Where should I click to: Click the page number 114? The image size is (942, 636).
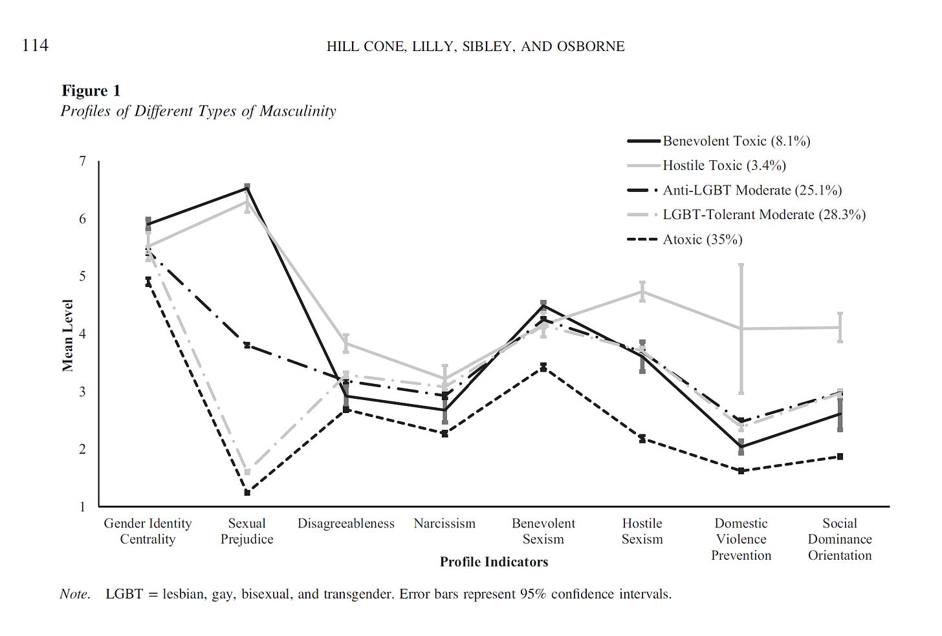[x=35, y=46]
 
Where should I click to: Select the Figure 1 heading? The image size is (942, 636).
[x=91, y=91]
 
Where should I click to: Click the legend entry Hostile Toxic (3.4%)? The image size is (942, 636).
[x=724, y=165]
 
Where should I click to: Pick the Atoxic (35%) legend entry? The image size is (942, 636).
[x=702, y=239]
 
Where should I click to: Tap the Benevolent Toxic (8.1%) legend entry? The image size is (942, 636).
[x=736, y=141]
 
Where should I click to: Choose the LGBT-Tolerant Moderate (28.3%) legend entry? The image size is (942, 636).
[x=763, y=215]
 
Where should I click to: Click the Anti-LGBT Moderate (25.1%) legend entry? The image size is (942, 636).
[x=752, y=190]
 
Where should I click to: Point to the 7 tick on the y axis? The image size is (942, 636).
[x=82, y=161]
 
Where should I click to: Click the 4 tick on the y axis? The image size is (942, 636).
[x=82, y=334]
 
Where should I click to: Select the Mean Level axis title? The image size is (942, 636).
[x=67, y=335]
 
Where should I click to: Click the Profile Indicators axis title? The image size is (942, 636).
[x=494, y=562]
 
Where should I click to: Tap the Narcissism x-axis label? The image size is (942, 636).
[x=444, y=524]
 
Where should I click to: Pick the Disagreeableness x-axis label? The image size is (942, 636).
[x=345, y=524]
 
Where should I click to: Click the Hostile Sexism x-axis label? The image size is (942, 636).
[x=642, y=531]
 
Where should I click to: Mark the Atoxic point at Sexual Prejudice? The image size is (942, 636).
[x=247, y=493]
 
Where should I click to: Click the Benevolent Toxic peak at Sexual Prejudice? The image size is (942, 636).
[x=247, y=188]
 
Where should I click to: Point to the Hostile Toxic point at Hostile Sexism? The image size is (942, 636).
[x=642, y=291]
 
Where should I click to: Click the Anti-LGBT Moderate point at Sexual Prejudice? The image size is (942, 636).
[x=247, y=345]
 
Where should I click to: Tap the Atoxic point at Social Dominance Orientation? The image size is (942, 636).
[x=840, y=456]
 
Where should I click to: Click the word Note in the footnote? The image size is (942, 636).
[x=74, y=593]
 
